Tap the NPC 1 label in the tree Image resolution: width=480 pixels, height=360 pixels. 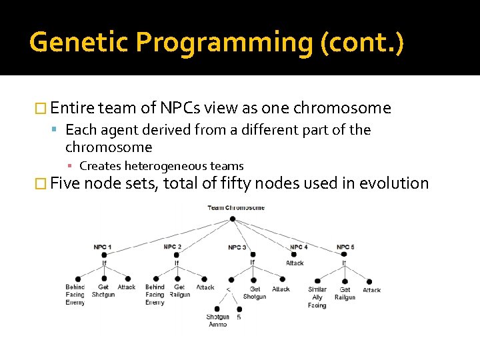pyautogui.click(x=102, y=247)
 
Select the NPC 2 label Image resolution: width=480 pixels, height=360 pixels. pyautogui.click(x=173, y=247)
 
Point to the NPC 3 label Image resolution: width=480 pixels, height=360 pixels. pyautogui.click(x=237, y=247)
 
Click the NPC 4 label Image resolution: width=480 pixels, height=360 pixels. pyautogui.click(x=299, y=247)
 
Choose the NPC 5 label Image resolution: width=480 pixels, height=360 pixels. pyautogui.click(x=345, y=247)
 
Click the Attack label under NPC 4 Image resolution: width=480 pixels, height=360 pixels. pyautogui.click(x=295, y=263)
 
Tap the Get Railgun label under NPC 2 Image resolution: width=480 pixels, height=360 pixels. pyautogui.click(x=180, y=291)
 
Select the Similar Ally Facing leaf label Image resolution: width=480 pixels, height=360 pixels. pyautogui.click(x=317, y=297)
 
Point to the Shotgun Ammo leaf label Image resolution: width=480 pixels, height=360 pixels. pyautogui.click(x=218, y=321)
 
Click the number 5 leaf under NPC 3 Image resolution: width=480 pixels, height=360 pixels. pyautogui.click(x=239, y=317)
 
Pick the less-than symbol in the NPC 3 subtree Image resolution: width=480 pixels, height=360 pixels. pyautogui.click(x=229, y=289)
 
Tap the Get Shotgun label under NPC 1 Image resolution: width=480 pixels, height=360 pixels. pyautogui.click(x=103, y=291)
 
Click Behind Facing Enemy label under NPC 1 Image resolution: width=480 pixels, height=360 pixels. pyautogui.click(x=75, y=295)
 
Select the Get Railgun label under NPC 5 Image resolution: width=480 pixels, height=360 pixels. pyautogui.click(x=345, y=294)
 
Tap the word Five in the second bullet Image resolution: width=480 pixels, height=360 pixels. pyautogui.click(x=65, y=183)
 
